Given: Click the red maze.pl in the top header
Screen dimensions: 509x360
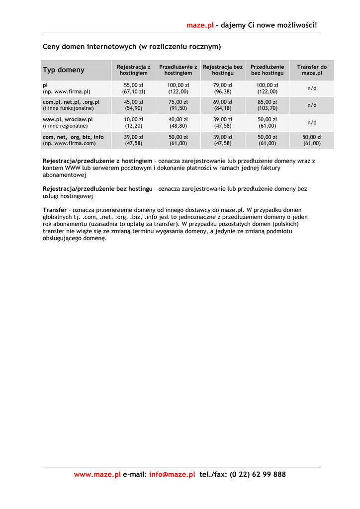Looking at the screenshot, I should click(200, 25).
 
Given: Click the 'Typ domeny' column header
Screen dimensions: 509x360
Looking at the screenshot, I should click(64, 70).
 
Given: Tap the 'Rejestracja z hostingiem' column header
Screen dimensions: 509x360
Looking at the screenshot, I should click(133, 70).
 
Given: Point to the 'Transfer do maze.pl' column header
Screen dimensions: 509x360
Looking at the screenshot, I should click(312, 70).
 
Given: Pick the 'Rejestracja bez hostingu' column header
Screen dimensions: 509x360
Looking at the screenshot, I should click(223, 70).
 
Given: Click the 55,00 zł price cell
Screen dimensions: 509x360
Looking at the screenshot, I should click(133, 85).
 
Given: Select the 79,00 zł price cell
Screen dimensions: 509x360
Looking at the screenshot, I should click(223, 85).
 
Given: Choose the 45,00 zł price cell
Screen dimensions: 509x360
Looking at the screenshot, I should click(133, 102).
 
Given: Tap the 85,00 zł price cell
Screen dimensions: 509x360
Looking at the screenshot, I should click(267, 102).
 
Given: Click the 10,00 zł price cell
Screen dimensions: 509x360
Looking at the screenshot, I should click(133, 120).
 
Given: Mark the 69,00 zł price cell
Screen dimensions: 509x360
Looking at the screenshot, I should click(223, 102).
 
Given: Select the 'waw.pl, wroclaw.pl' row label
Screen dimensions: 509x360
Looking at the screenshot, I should click(68, 120).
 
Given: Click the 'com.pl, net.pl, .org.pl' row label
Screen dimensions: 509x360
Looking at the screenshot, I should click(71, 102).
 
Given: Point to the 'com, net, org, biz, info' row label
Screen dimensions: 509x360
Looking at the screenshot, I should click(73, 137).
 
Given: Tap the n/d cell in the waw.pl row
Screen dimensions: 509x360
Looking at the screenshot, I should click(312, 123).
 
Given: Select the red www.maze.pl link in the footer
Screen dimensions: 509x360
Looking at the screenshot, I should click(97, 475).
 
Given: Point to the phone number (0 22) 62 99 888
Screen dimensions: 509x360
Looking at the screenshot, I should click(258, 475).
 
